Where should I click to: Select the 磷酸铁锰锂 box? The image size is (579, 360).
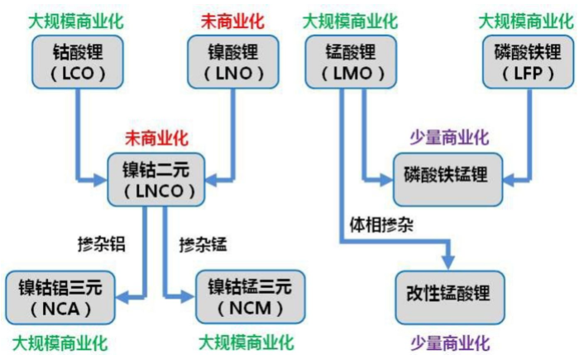click(445, 176)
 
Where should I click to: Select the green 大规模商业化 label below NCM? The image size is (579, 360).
click(247, 342)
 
